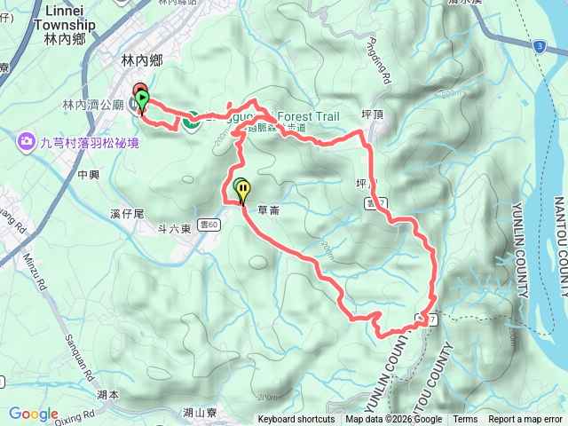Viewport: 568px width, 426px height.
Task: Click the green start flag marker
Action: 142,100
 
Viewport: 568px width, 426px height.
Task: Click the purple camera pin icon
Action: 28,140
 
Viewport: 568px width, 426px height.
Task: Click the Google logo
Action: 34,414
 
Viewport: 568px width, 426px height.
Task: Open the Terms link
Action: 465,420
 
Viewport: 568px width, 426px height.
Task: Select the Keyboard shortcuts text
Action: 296,420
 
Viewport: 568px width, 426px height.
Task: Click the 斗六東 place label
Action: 175,229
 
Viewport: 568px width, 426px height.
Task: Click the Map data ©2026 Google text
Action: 394,420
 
